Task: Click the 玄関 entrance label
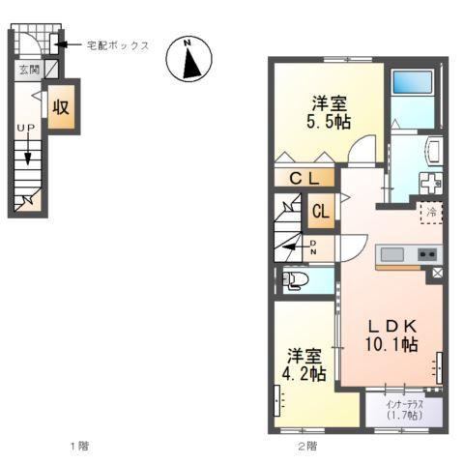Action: pyautogui.click(x=25, y=70)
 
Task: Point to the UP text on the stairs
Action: pyautogui.click(x=25, y=129)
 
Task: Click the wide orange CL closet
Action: pyautogui.click(x=304, y=178)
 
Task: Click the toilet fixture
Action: pyautogui.click(x=295, y=280)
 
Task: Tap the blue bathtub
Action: pyautogui.click(x=415, y=98)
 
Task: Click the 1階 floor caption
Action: pyautogui.click(x=78, y=446)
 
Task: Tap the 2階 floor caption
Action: pyautogui.click(x=306, y=446)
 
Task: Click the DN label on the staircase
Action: pyautogui.click(x=314, y=246)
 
